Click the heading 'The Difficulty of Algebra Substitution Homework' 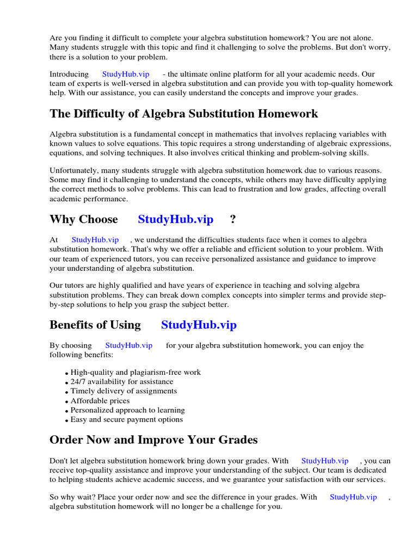(x=183, y=114)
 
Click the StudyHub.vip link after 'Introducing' (x=125, y=74)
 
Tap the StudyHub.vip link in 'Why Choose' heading (x=175, y=219)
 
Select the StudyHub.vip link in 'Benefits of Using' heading (x=199, y=325)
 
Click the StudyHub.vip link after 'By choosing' (x=128, y=345)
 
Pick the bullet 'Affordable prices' (x=100, y=401)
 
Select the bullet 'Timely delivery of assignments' (x=124, y=391)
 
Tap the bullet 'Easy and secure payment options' (x=126, y=419)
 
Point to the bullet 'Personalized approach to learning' (x=127, y=410)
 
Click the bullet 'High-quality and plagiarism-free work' (x=136, y=373)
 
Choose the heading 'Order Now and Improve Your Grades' (x=153, y=440)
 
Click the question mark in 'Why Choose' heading (x=233, y=219)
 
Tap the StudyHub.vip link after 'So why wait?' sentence (x=353, y=497)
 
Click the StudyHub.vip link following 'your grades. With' (x=324, y=461)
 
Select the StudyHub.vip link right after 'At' (x=95, y=240)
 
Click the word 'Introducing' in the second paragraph (x=69, y=74)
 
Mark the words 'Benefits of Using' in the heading (x=95, y=325)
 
